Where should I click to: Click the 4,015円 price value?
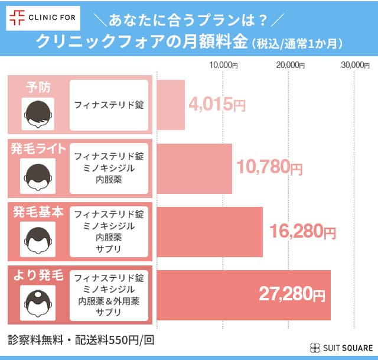point(217,105)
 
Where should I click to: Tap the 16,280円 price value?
point(302,232)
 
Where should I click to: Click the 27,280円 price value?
point(292,294)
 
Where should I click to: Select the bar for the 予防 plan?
point(171,105)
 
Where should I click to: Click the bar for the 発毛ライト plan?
point(194,168)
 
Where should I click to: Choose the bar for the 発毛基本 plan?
point(210,232)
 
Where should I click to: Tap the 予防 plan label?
point(38,87)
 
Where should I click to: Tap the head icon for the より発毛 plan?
point(38,301)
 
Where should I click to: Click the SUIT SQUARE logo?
point(341,348)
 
